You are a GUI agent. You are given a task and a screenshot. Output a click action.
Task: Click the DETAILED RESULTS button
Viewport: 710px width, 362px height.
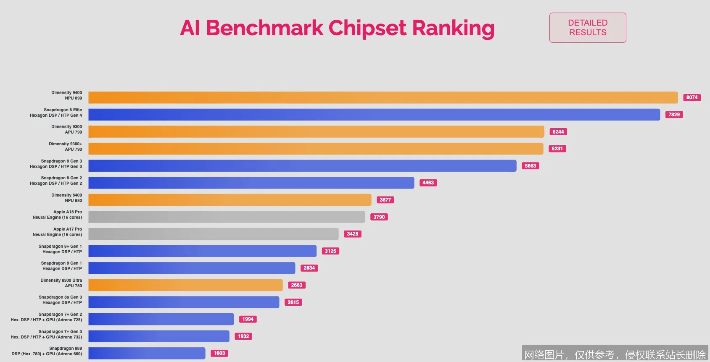coord(587,28)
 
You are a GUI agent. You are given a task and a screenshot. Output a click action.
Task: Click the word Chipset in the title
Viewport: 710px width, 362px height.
coord(367,28)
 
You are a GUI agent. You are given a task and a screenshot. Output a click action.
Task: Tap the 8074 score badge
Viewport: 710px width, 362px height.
coord(692,97)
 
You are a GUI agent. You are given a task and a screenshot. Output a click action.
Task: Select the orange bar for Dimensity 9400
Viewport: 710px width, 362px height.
coord(383,97)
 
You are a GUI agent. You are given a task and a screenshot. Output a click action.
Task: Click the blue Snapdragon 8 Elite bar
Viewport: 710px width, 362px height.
coord(374,115)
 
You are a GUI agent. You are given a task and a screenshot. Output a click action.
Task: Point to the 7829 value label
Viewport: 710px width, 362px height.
coord(674,115)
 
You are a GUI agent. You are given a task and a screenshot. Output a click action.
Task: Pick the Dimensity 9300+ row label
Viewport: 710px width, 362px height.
coord(66,147)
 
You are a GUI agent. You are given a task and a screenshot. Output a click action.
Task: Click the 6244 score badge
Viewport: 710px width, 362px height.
coord(558,132)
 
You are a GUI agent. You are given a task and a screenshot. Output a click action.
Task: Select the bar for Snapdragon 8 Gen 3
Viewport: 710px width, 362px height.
coord(302,166)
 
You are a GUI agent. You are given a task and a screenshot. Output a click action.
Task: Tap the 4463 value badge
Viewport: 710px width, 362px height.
coord(428,183)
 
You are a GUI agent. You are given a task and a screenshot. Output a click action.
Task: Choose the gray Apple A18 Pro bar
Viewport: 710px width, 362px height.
coord(226,217)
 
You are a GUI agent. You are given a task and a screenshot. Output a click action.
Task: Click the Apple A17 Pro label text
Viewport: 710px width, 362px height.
coord(58,232)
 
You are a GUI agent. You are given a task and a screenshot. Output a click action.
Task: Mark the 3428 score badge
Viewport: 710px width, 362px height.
coord(352,234)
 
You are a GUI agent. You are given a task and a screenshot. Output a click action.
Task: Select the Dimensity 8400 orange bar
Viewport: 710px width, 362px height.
coord(230,200)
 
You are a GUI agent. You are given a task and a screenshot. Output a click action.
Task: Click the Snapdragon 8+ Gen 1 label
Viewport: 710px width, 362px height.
coord(61,249)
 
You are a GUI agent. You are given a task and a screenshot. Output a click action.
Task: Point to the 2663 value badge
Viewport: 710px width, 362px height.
coord(296,285)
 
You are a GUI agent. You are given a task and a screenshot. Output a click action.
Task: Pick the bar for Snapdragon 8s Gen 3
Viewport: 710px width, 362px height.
coord(183,302)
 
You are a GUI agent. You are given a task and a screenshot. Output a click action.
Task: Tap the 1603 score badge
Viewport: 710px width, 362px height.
coord(219,353)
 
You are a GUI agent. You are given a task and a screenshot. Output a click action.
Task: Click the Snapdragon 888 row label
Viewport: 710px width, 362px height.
coord(47,351)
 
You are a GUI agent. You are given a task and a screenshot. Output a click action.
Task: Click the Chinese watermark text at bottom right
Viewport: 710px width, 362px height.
coord(615,355)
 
